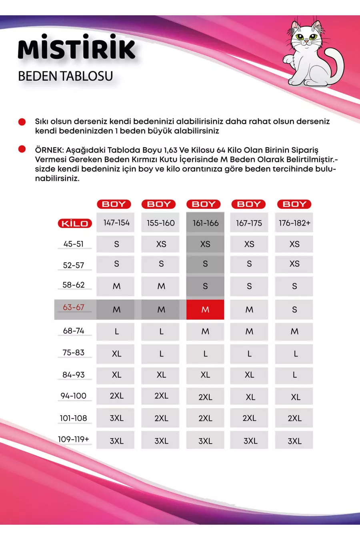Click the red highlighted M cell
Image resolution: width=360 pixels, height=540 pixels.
(205, 310)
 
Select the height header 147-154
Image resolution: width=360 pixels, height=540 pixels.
(116, 223)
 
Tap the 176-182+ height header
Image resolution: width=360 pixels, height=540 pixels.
(294, 223)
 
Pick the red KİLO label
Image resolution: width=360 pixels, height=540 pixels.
(75, 223)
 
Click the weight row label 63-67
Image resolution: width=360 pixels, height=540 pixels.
(74, 307)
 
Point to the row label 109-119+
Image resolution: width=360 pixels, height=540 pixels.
(74, 439)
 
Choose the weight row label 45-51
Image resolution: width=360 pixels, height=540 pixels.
(74, 244)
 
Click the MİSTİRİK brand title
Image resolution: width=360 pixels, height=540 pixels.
(77, 49)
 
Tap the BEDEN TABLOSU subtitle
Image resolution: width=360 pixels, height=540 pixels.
(66, 76)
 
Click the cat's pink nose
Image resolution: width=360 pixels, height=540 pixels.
(306, 42)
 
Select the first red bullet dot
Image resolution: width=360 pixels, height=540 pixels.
(22, 122)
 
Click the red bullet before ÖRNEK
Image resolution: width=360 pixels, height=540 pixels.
(22, 150)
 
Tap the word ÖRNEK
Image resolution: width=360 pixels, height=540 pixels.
(49, 150)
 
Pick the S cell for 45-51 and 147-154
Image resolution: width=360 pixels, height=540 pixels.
(116, 244)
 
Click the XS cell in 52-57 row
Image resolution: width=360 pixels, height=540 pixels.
(294, 264)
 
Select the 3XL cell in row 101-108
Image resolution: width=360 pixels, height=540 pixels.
(116, 418)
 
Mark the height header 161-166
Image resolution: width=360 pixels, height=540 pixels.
(206, 223)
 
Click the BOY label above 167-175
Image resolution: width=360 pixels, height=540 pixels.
(249, 204)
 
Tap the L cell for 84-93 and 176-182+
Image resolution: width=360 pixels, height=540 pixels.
(294, 375)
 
